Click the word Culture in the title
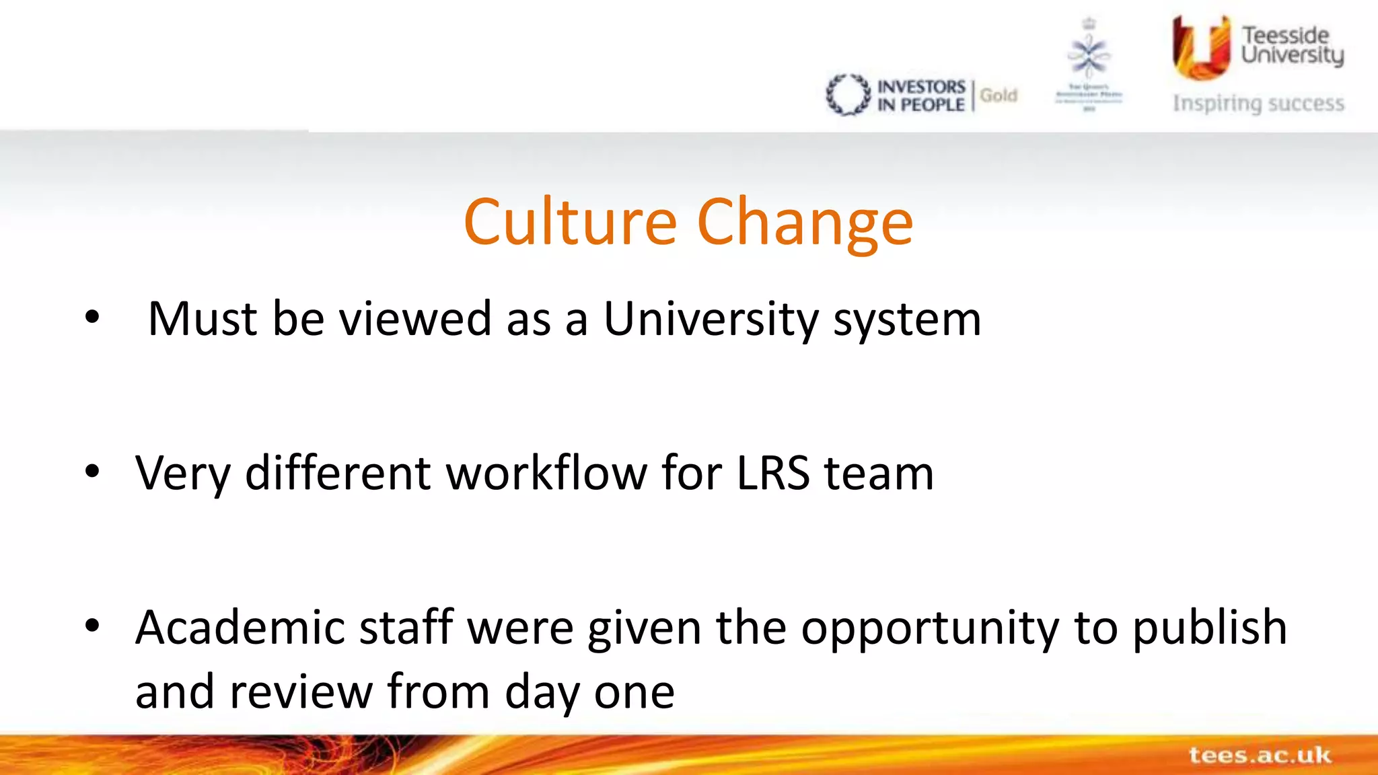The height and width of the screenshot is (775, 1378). point(570,222)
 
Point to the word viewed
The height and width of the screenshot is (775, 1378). point(415,318)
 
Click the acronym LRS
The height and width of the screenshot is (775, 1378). point(773,473)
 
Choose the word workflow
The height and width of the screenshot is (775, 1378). point(546,473)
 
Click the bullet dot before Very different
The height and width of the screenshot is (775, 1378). point(92,472)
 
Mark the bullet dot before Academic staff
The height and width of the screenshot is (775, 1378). point(92,626)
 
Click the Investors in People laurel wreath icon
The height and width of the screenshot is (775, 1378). point(848,95)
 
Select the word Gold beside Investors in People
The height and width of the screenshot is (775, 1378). point(999,96)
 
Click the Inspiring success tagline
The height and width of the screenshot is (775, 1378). point(1258,104)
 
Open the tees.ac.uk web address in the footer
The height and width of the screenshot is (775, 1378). point(1260,755)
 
